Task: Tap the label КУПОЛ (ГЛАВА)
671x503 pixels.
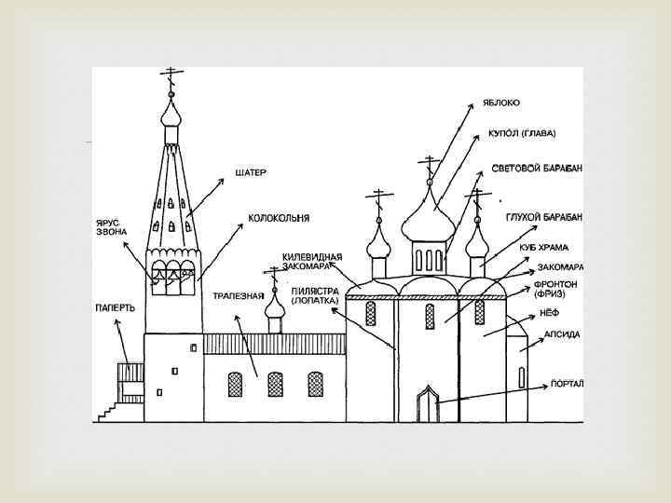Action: tap(521, 133)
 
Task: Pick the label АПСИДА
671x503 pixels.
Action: tap(562, 333)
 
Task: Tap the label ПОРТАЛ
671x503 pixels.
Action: tap(567, 383)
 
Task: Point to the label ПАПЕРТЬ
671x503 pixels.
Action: tap(116, 307)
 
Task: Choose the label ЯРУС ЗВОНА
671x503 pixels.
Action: tap(111, 226)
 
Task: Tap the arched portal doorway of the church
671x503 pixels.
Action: tap(428, 402)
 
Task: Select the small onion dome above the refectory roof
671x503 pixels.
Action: tap(274, 306)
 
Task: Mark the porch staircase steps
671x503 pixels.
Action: tap(111, 410)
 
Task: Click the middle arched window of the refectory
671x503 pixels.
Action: tap(276, 383)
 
